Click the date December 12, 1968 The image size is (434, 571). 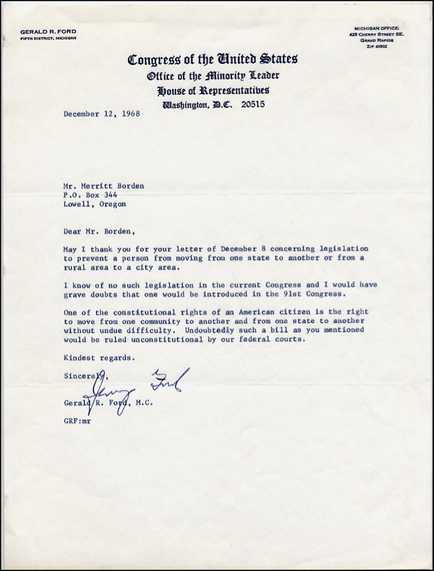coord(101,114)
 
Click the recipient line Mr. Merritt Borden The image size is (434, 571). coord(103,185)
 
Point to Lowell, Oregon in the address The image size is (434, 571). coord(94,204)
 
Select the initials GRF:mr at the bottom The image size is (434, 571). coord(76,420)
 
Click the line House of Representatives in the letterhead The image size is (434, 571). coord(212,90)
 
